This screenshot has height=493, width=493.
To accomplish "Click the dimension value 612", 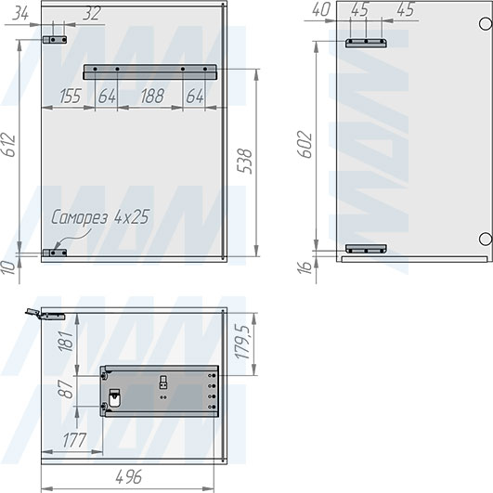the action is [x=8, y=145].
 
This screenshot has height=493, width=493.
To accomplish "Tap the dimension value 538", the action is [x=244, y=161].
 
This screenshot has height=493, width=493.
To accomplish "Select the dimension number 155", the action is [x=71, y=96].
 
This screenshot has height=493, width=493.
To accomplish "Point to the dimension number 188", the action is [x=152, y=96].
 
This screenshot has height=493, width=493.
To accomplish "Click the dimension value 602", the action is [x=305, y=144].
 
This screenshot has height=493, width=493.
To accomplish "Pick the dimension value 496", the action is [x=129, y=476].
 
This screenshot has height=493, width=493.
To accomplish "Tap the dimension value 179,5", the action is [x=242, y=342].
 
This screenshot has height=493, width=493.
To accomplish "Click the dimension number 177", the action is [x=74, y=440].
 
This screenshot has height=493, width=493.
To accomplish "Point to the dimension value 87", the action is [x=66, y=389].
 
